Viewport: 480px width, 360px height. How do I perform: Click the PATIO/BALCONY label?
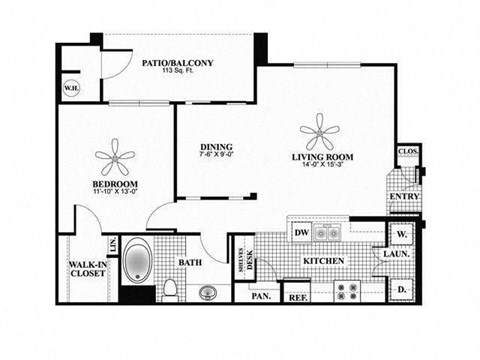179,62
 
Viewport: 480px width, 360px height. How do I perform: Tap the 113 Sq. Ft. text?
179,74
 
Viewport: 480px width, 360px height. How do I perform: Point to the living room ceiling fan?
320,128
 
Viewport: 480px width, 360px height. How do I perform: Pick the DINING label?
215,147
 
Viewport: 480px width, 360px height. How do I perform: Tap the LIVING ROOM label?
323,157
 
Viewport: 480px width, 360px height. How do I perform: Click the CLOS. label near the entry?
407,152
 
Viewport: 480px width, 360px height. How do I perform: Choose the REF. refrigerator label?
296,296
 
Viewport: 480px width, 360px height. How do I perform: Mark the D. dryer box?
402,289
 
